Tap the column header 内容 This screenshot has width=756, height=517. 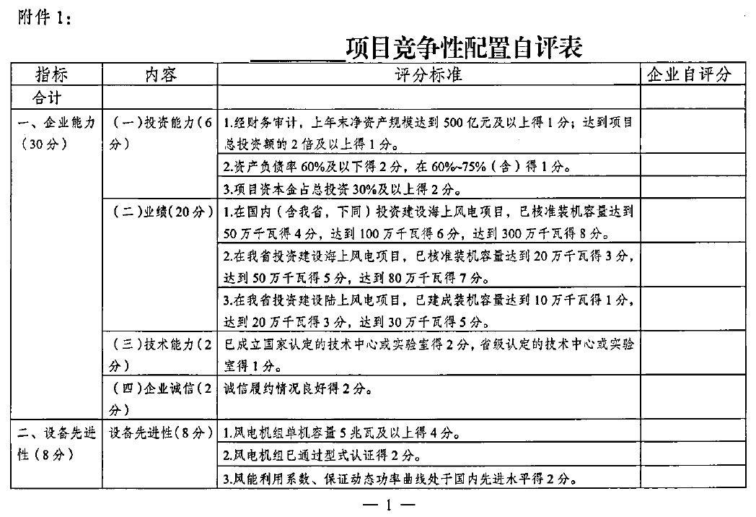tap(159, 74)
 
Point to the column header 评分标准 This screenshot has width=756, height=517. tap(428, 74)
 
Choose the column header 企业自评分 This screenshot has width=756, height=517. tap(689, 74)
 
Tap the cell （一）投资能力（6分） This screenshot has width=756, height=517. tap(159, 133)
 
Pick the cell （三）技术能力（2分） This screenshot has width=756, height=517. tap(159, 354)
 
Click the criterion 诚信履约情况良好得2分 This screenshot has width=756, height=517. tap(299, 390)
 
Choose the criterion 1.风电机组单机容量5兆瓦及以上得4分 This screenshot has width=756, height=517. tap(342, 434)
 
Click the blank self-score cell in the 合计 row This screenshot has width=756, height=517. tap(689, 96)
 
